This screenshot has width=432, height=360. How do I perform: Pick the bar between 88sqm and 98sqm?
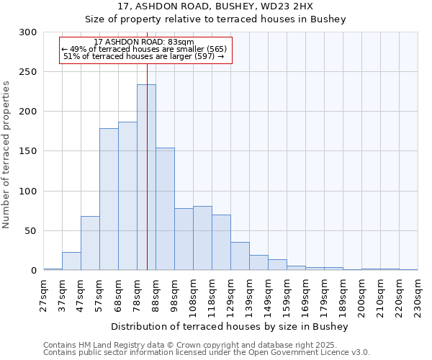tap(165, 209)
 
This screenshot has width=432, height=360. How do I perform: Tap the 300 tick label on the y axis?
tap(27, 32)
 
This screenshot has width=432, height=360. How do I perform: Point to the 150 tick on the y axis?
tap(27, 152)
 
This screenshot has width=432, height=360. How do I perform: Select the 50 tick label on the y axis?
tap(30, 231)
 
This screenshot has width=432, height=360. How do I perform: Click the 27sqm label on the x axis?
tap(44, 295)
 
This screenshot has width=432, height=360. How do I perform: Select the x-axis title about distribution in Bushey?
tap(230, 327)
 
